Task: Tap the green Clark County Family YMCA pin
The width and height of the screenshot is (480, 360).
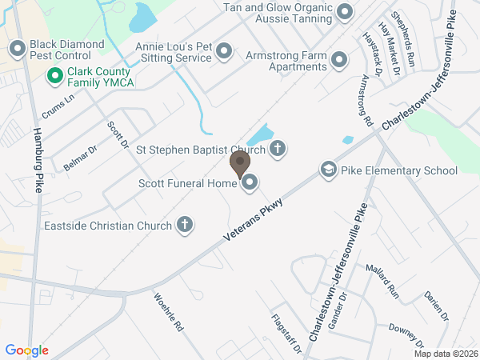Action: pos(55,76)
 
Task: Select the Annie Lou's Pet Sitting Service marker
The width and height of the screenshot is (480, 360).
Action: pos(224,53)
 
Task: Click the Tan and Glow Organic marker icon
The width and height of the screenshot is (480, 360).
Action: pos(345,12)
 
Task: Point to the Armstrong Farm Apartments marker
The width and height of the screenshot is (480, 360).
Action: pos(339,60)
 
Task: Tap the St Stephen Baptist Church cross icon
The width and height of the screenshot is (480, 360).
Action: pos(277,148)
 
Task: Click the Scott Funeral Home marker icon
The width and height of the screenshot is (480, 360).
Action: pos(250,183)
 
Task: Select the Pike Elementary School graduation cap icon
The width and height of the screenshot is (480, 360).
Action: pos(328,170)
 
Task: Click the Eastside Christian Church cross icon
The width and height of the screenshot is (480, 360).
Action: pos(184,225)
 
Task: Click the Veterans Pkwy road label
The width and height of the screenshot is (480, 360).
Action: pos(255,218)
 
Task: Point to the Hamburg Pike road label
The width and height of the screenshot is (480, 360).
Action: pos(37,160)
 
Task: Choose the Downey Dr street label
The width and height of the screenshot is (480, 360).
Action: pos(405,330)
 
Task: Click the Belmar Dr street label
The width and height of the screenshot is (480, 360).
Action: pos(79,158)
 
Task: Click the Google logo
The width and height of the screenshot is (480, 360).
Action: pos(27,350)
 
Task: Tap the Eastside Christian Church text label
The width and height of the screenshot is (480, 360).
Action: pos(108,225)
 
